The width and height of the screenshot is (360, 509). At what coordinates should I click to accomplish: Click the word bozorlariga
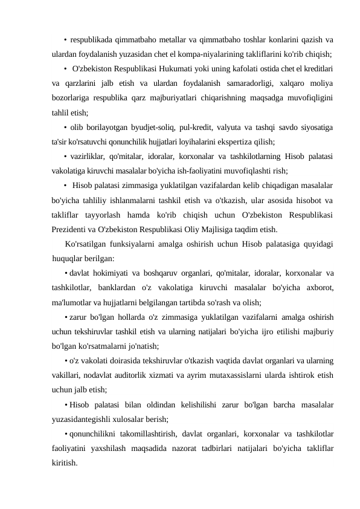(71, 97)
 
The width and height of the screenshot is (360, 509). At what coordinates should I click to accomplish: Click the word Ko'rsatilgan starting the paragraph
(87, 244)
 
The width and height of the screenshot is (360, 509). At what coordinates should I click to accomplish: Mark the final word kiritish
(64, 464)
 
